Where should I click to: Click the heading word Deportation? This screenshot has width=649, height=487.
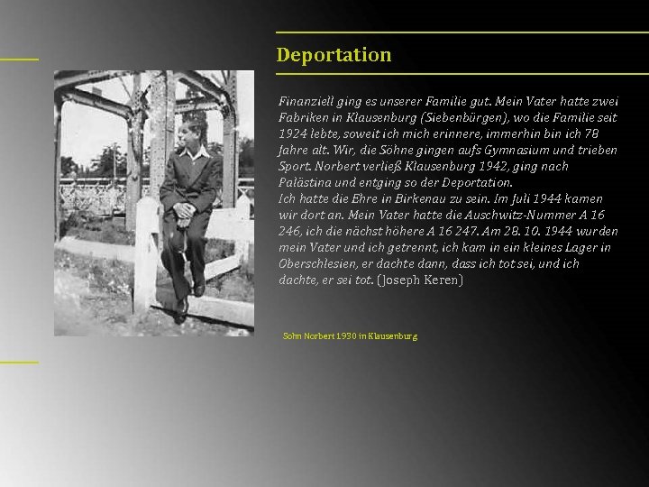pyautogui.click(x=334, y=55)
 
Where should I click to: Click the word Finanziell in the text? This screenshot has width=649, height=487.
pyautogui.click(x=303, y=102)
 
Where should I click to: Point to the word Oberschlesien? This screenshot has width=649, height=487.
pyautogui.click(x=318, y=264)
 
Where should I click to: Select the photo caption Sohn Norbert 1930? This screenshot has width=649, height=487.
pyautogui.click(x=350, y=336)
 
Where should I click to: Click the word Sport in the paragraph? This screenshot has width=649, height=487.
pyautogui.click(x=293, y=167)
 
